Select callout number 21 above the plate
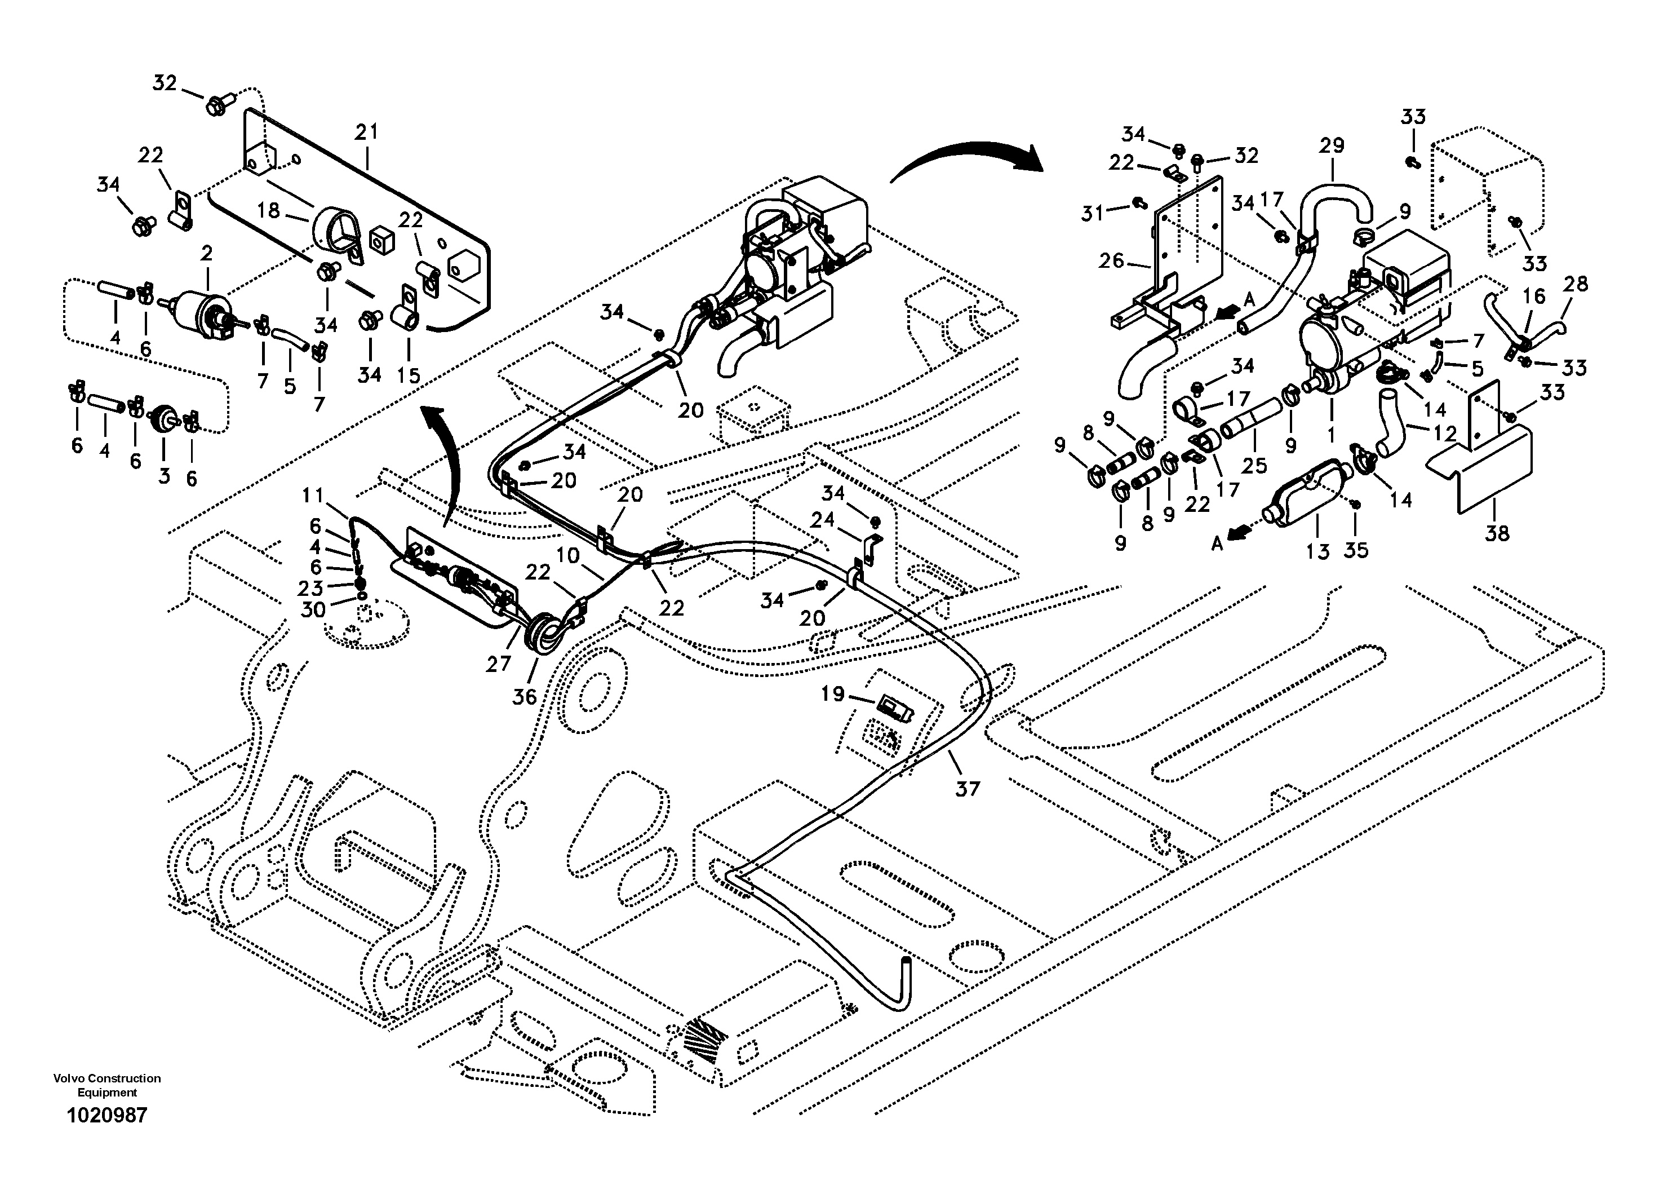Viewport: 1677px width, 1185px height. (x=367, y=132)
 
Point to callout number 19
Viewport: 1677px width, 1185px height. (x=833, y=693)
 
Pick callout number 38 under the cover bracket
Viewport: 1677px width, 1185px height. (x=1497, y=533)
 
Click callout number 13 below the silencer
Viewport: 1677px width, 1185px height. (x=1317, y=551)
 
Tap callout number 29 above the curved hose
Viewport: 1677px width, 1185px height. (x=1332, y=145)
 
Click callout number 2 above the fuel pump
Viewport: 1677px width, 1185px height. (x=207, y=254)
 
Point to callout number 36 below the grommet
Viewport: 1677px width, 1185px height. (x=525, y=697)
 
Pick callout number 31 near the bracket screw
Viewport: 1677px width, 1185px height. (x=1093, y=213)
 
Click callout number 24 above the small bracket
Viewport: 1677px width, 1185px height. (x=822, y=519)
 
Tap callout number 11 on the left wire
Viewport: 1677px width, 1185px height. (x=313, y=496)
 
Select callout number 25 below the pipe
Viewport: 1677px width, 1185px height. (x=1254, y=466)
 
